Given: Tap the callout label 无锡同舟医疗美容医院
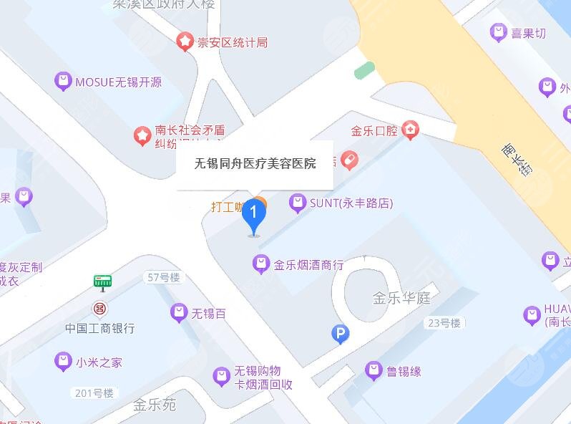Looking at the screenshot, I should (x=255, y=164).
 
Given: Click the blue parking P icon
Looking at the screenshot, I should (x=341, y=334).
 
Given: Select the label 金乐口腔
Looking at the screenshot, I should (x=374, y=131).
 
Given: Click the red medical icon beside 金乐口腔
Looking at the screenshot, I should (x=410, y=130).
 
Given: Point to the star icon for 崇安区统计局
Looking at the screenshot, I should (x=185, y=42).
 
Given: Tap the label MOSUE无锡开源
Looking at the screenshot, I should (x=118, y=82).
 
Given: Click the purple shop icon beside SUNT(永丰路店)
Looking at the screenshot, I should (x=297, y=203).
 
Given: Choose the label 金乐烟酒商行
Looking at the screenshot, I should (x=308, y=264).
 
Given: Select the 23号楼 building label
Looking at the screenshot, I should (x=444, y=323).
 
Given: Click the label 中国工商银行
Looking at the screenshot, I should (x=100, y=328).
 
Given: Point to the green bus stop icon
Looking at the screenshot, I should (x=103, y=281).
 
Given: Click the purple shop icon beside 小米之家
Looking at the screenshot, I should (x=64, y=362).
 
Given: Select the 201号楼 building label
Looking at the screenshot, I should (x=94, y=393).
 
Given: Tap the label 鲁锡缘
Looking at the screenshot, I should (x=404, y=371).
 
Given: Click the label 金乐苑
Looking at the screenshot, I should (x=154, y=405).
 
